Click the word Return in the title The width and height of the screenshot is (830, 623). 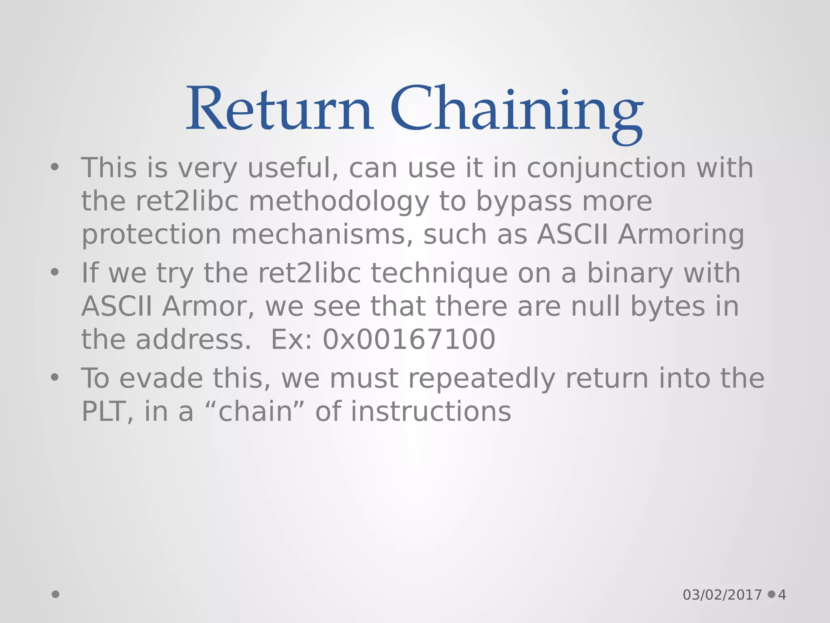tap(280, 109)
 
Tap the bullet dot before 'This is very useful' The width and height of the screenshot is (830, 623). tap(55, 167)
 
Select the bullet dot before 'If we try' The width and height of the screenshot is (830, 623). tap(55, 272)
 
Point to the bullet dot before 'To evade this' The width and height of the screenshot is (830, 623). tap(55, 378)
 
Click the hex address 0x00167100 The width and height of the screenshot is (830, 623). tap(409, 339)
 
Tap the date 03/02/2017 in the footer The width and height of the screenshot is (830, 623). tap(722, 595)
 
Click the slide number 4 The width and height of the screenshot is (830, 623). tap(782, 595)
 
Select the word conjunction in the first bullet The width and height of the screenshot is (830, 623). tap(606, 168)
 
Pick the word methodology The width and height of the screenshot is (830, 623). tap(339, 202)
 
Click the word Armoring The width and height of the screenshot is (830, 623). tap(681, 235)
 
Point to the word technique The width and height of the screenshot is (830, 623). tap(439, 273)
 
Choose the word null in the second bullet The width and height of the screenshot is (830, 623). tap(596, 306)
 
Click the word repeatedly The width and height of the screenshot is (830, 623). tap(481, 378)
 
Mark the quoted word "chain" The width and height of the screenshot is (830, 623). tap(255, 412)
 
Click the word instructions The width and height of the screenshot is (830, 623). tap(431, 412)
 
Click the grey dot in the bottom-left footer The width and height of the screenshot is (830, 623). tap(56, 595)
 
